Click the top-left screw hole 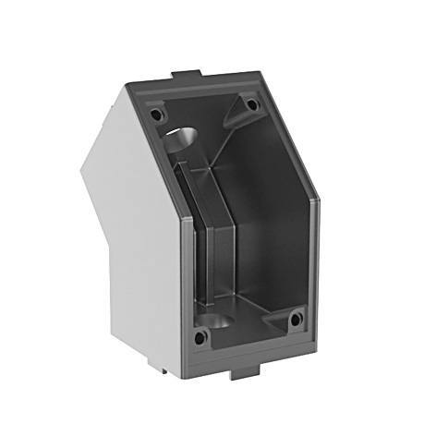tap(156, 115)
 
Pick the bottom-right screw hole tap(296, 320)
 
